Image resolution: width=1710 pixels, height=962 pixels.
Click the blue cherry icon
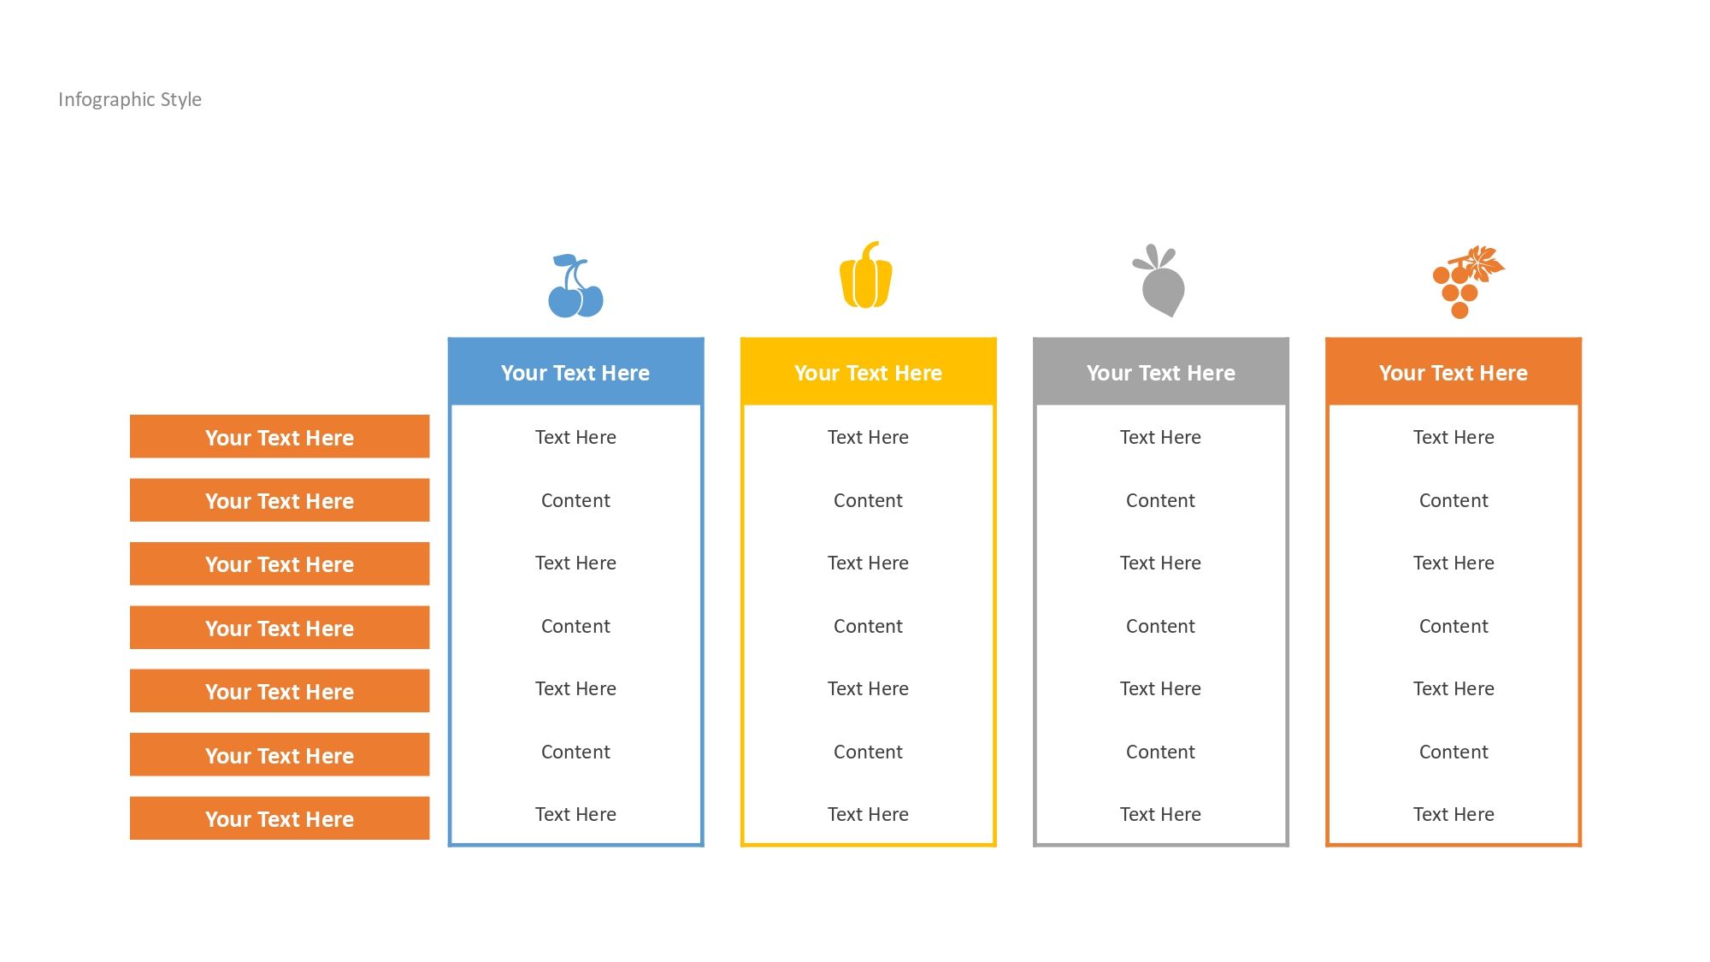click(x=575, y=286)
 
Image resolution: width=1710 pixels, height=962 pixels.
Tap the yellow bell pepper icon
click(x=866, y=274)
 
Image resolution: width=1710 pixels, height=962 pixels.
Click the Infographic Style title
click(x=130, y=99)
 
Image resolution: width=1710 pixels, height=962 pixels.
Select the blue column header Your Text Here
click(x=575, y=372)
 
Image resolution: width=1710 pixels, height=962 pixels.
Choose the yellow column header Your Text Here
click(x=868, y=372)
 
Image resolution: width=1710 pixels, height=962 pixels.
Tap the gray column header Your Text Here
click(x=1160, y=372)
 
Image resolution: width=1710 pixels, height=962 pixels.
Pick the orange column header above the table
click(x=1453, y=372)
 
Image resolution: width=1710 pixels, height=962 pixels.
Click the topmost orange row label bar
click(x=280, y=437)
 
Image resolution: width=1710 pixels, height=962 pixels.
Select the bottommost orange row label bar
click(x=280, y=818)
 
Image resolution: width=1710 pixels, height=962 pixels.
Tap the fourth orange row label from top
click(x=280, y=628)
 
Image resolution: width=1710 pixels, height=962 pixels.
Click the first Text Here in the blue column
click(x=575, y=437)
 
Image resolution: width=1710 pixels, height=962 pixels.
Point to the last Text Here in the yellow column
click(x=868, y=814)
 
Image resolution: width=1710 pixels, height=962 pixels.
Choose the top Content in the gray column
click(x=1160, y=500)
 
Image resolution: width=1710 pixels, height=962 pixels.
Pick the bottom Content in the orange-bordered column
click(x=1453, y=752)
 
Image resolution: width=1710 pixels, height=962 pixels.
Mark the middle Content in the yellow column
click(x=868, y=626)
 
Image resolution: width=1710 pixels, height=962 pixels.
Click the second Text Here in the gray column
click(x=1160, y=563)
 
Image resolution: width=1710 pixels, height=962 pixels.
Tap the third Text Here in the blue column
click(x=575, y=688)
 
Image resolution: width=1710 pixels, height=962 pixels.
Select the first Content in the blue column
click(x=575, y=500)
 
